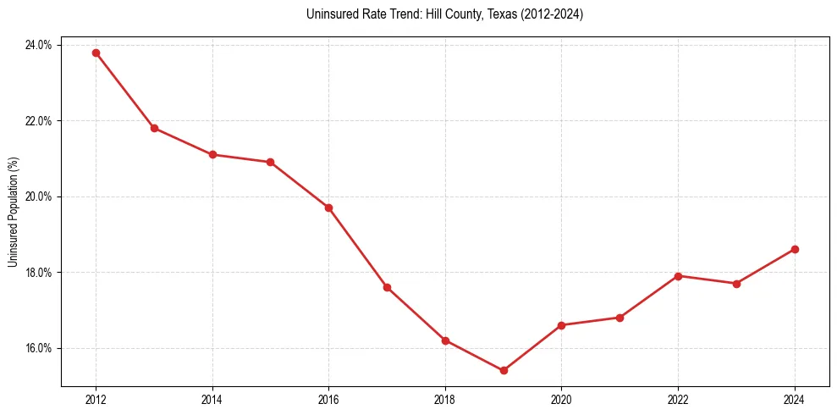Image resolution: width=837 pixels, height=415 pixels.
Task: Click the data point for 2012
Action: [96, 53]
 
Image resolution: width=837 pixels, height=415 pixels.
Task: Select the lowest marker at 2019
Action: [504, 370]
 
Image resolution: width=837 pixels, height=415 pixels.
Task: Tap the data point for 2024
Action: [795, 249]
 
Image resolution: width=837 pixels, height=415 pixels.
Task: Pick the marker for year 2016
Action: [328, 207]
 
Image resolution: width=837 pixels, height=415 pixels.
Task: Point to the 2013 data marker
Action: [154, 128]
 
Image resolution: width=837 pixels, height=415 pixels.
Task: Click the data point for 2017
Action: [387, 287]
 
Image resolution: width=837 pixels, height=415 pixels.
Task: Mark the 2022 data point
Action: [678, 276]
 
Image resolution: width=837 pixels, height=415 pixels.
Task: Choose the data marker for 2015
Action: [270, 162]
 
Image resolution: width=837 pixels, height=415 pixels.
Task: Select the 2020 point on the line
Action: [561, 325]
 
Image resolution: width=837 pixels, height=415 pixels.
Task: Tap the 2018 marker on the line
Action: [445, 340]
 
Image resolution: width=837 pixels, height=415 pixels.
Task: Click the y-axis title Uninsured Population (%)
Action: [13, 211]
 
